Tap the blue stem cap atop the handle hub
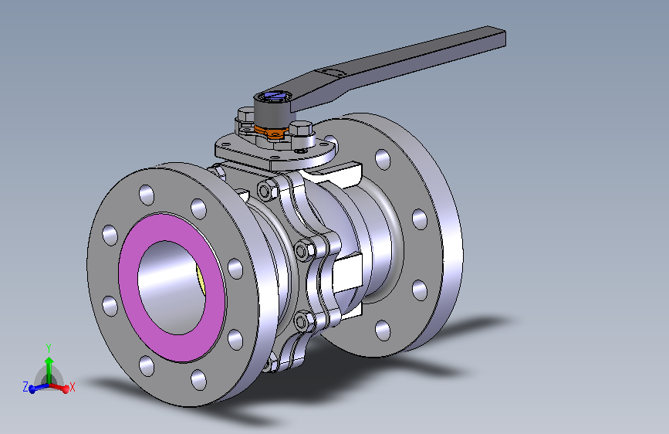pyautogui.click(x=274, y=97)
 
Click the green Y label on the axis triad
pyautogui.click(x=48, y=348)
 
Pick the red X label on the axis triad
pyautogui.click(x=73, y=386)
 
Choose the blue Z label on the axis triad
pyautogui.click(x=25, y=386)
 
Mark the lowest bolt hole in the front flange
pyautogui.click(x=198, y=378)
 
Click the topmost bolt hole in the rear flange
pyautogui.click(x=383, y=160)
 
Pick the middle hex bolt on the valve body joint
pyautogui.click(x=304, y=249)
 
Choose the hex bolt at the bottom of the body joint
pyautogui.click(x=303, y=319)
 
